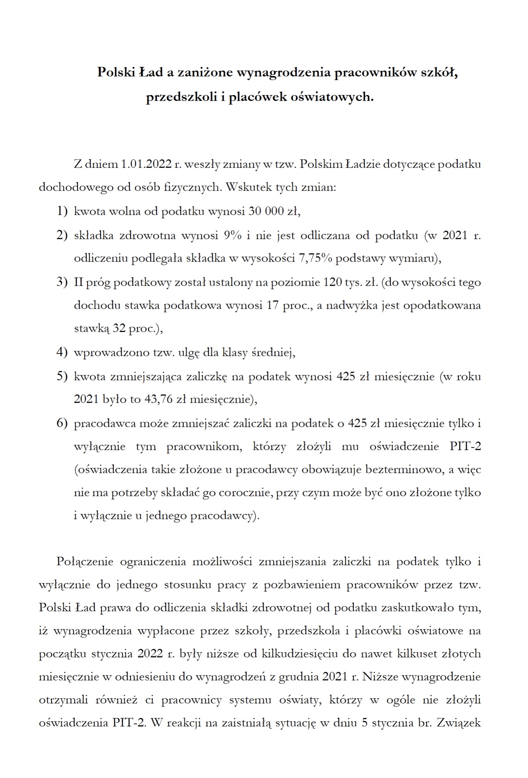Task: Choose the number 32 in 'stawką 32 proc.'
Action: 119,329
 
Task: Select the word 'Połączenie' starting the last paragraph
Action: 85,562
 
